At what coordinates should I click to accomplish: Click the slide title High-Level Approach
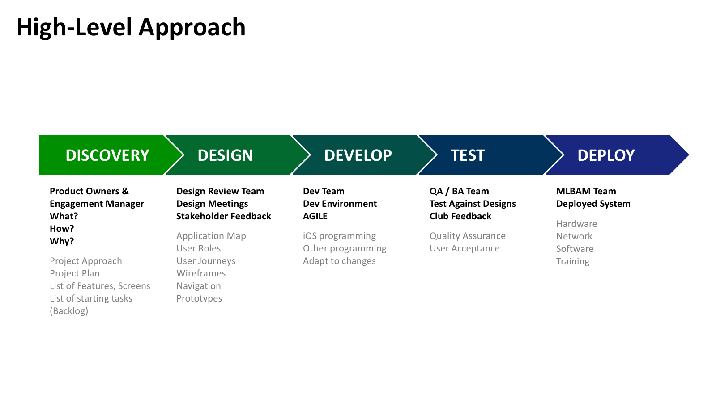pyautogui.click(x=131, y=28)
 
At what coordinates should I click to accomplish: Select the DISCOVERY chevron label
pyautogui.click(x=107, y=155)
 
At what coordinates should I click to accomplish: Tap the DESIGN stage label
pyautogui.click(x=226, y=155)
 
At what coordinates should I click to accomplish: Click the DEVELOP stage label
pyautogui.click(x=358, y=155)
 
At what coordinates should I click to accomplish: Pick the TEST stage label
pyautogui.click(x=468, y=155)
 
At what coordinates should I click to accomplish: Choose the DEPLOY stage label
pyautogui.click(x=606, y=155)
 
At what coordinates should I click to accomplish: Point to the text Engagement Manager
pyautogui.click(x=97, y=204)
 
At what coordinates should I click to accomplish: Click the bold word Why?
pyautogui.click(x=62, y=241)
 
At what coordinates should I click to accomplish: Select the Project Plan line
pyautogui.click(x=75, y=273)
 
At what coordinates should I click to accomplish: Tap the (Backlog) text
pyautogui.click(x=69, y=311)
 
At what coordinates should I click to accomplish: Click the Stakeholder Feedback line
pyautogui.click(x=224, y=216)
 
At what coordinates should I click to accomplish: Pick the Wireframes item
pyautogui.click(x=201, y=273)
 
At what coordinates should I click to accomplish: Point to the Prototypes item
pyautogui.click(x=199, y=299)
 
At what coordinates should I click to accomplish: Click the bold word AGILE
pyautogui.click(x=315, y=216)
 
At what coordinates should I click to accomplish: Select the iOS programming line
pyautogui.click(x=340, y=236)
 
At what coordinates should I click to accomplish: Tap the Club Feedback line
pyautogui.click(x=460, y=216)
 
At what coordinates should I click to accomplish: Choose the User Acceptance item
pyautogui.click(x=465, y=248)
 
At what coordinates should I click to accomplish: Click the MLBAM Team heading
pyautogui.click(x=586, y=191)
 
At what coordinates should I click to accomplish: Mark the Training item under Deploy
pyautogui.click(x=573, y=261)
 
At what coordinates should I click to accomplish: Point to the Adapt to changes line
pyautogui.click(x=340, y=261)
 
